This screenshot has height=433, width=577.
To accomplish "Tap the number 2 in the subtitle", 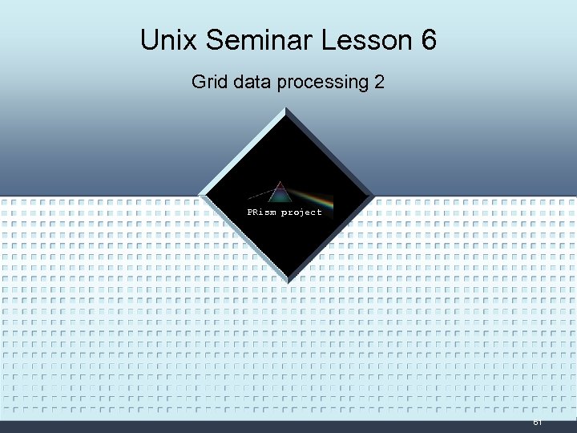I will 379,82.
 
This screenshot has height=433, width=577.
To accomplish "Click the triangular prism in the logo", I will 280,194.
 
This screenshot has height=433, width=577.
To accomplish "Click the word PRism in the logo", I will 261,212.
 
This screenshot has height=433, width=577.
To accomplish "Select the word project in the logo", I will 301,212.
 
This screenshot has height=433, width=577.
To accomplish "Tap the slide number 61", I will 537,422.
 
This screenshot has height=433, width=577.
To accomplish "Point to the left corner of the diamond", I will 200,195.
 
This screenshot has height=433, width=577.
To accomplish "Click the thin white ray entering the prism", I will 261,195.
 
